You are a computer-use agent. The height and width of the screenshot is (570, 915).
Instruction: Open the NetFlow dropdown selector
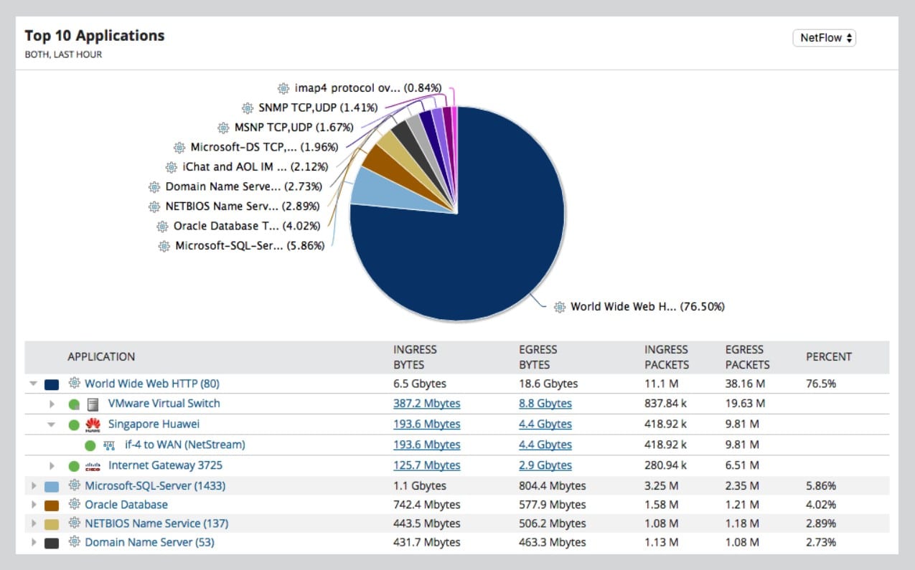pyautogui.click(x=824, y=38)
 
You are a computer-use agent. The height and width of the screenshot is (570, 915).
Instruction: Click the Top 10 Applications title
pyautogui.click(x=95, y=36)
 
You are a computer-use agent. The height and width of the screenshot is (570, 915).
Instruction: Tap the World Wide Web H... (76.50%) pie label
pyautogui.click(x=647, y=307)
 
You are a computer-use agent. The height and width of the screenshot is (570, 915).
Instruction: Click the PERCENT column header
pyautogui.click(x=828, y=356)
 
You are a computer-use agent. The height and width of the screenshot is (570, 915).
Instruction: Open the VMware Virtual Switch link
pyautogui.click(x=164, y=404)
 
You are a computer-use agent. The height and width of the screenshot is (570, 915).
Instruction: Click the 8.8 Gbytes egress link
pyautogui.click(x=545, y=404)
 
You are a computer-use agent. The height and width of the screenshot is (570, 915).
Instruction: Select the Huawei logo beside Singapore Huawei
pyautogui.click(x=93, y=424)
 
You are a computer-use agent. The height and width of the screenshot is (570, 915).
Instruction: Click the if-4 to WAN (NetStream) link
pyautogui.click(x=184, y=445)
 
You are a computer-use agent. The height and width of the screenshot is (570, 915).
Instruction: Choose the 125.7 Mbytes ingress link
pyautogui.click(x=426, y=465)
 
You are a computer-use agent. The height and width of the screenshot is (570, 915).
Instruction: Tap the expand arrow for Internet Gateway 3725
pyautogui.click(x=52, y=466)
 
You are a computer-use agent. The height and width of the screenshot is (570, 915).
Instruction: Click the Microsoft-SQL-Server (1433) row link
pyautogui.click(x=155, y=486)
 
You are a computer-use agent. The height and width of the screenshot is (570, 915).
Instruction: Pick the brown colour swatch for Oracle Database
pyautogui.click(x=52, y=505)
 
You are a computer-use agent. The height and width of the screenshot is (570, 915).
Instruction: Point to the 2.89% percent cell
pyautogui.click(x=820, y=523)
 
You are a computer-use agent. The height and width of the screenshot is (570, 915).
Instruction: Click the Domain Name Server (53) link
pyautogui.click(x=149, y=542)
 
